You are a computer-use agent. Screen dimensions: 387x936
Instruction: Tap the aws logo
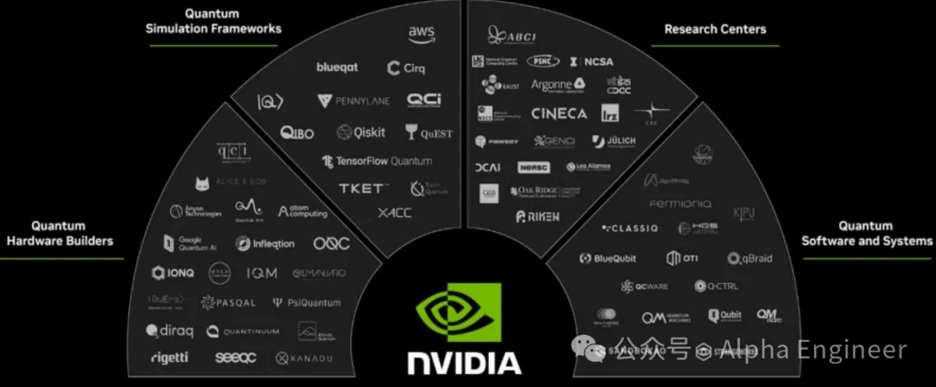[x=421, y=33]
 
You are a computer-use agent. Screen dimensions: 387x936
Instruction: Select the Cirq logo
[x=406, y=68]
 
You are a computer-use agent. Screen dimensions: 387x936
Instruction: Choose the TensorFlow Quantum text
[x=375, y=161]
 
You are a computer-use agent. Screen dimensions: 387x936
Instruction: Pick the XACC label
[x=394, y=213]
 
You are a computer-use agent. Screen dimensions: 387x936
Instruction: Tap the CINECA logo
[x=558, y=113]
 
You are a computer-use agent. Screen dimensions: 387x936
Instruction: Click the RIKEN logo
[x=537, y=216]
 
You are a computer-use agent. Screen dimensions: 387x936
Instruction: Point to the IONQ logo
[x=173, y=273]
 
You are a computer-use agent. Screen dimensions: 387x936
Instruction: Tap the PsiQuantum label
[x=307, y=303]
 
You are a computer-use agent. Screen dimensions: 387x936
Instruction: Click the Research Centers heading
[x=715, y=29]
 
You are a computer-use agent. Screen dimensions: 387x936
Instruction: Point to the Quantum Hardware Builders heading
[x=60, y=233]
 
